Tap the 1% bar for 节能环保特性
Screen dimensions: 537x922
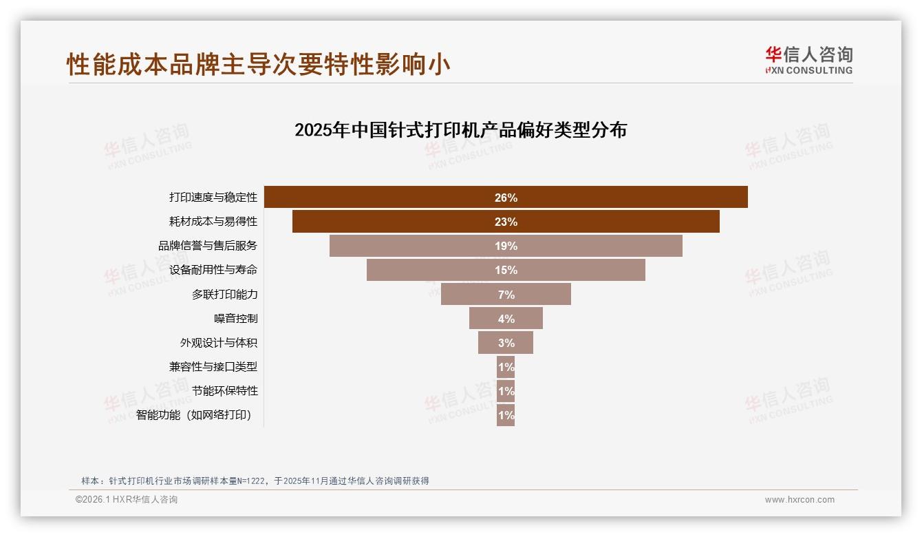[x=506, y=391]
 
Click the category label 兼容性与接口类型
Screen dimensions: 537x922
[x=213, y=367]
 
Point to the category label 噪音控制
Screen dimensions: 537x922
[x=236, y=319]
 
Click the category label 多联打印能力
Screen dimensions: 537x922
[x=225, y=295]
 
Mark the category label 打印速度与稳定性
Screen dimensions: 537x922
[x=213, y=198]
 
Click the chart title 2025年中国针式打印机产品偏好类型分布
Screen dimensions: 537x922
[x=460, y=130]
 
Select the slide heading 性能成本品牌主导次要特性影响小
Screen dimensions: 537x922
[x=259, y=64]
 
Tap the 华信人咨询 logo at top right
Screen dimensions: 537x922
[x=808, y=61]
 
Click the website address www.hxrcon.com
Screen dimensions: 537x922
[x=800, y=500]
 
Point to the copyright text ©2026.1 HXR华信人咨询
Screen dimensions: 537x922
[x=127, y=500]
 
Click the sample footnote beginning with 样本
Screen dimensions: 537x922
[x=255, y=481]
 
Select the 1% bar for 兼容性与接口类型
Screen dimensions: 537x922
[x=506, y=367]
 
